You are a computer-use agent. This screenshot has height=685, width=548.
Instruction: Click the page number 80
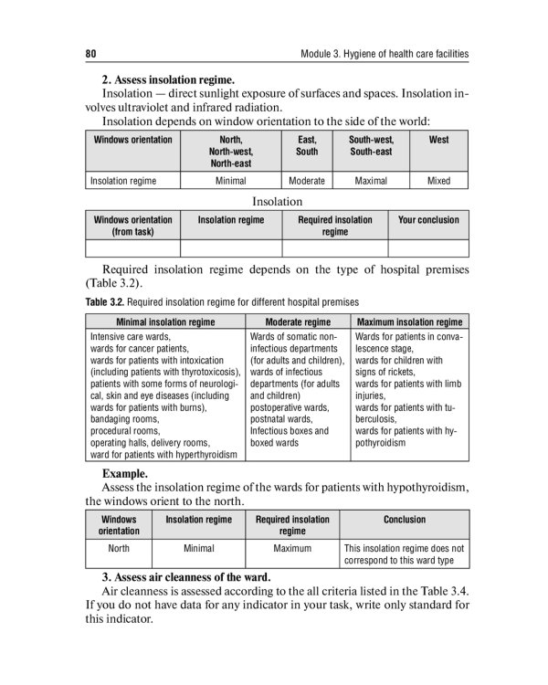click(90, 54)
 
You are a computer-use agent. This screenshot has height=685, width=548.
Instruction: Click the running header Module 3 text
click(384, 54)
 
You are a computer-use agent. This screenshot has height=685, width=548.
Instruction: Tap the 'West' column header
click(438, 140)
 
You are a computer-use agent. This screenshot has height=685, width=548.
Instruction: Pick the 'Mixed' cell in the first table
click(438, 181)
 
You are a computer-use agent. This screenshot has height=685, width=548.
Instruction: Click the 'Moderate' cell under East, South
click(307, 181)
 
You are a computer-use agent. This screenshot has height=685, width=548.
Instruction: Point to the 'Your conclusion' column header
click(428, 220)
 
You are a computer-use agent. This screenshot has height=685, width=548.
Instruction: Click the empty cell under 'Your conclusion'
click(428, 248)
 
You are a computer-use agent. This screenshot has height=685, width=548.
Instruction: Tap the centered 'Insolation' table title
click(277, 201)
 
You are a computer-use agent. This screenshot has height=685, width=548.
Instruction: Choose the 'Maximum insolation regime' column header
click(409, 322)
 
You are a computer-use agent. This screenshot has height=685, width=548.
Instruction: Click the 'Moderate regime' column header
click(298, 322)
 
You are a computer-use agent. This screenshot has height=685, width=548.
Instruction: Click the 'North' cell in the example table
click(119, 549)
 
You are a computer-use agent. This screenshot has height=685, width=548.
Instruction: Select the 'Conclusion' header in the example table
click(404, 520)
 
